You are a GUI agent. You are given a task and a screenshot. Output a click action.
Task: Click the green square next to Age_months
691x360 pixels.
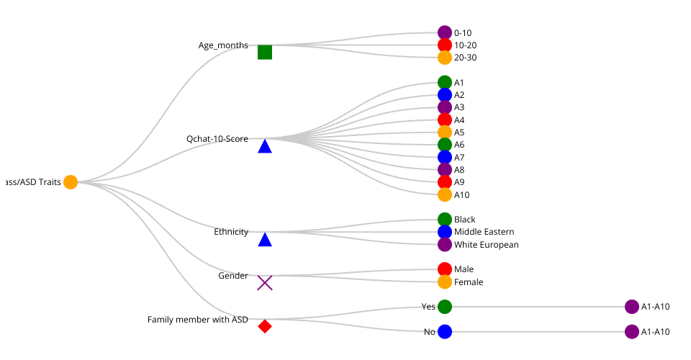(265, 52)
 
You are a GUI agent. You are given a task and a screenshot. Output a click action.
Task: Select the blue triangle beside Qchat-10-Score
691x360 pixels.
(265, 147)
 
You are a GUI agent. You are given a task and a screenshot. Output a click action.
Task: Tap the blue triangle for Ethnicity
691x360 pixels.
(265, 240)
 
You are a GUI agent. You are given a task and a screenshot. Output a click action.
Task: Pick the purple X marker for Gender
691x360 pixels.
(265, 283)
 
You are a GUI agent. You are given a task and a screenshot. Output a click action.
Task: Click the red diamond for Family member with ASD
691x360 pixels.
(265, 326)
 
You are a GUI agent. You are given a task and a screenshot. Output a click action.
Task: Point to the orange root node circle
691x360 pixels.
(71, 182)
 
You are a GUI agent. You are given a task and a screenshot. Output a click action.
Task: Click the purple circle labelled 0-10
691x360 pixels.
(445, 32)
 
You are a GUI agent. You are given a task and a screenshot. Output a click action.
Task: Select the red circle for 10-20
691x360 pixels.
(445, 45)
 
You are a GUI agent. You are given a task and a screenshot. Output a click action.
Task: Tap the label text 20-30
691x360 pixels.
(465, 58)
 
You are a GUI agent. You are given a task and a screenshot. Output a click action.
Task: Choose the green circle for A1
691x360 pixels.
(445, 83)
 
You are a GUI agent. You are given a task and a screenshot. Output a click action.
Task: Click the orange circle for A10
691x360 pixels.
(445, 194)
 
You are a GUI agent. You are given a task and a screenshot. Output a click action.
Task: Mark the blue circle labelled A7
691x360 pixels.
(445, 157)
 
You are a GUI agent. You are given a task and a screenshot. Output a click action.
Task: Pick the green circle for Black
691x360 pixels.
(445, 220)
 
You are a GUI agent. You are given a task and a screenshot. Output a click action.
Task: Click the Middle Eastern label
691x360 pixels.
(484, 232)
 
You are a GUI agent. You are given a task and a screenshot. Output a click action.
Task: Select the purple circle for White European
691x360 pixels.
(445, 245)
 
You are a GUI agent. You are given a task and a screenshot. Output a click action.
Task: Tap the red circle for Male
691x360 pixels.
(445, 269)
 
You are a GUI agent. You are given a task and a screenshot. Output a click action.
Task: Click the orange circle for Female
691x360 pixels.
(445, 282)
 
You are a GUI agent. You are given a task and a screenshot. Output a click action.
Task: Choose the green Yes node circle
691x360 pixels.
(445, 307)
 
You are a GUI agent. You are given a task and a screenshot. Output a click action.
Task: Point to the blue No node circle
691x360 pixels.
(445, 332)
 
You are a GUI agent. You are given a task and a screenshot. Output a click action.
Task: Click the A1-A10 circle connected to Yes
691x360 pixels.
(632, 307)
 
